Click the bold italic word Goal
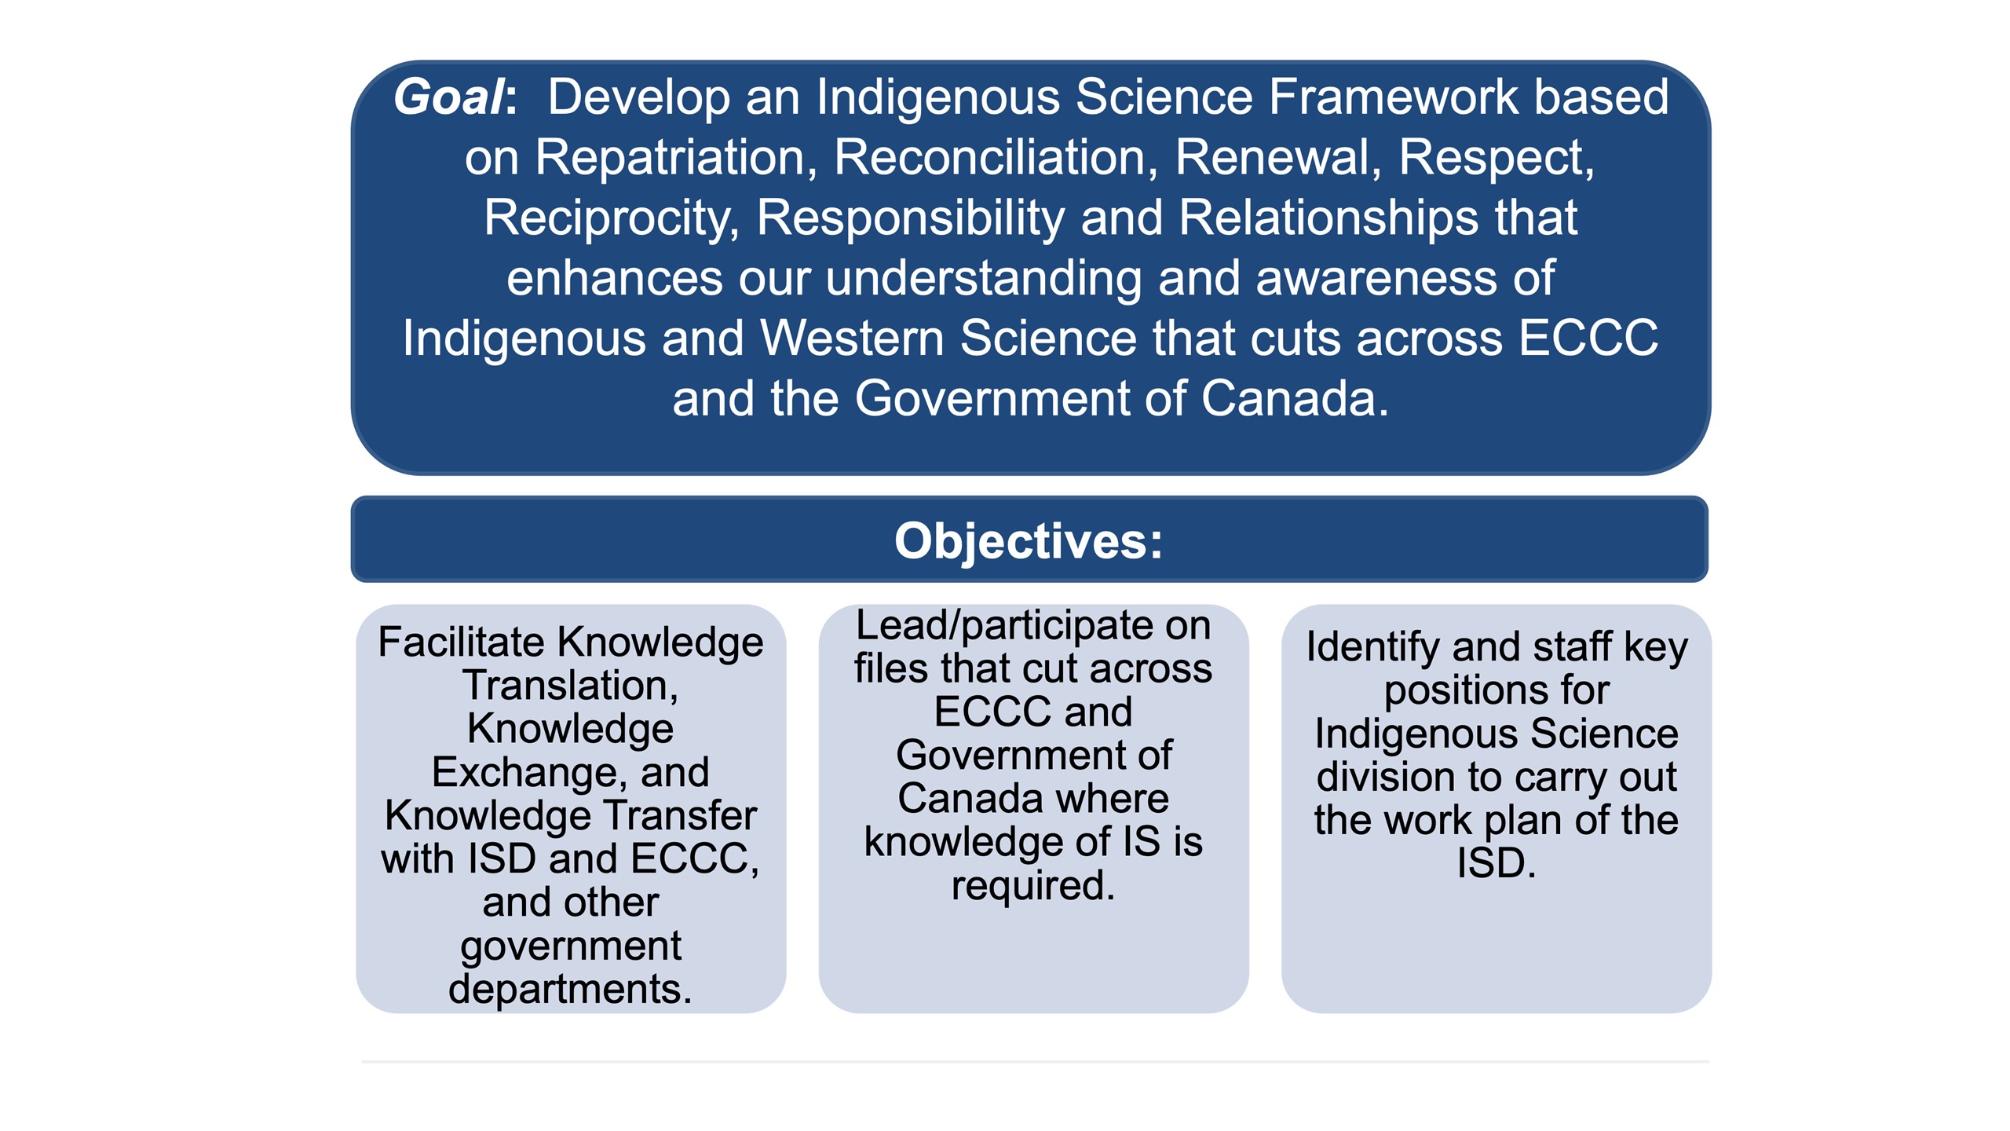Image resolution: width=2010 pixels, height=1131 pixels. [x=450, y=97]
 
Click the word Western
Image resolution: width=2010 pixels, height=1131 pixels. [x=851, y=339]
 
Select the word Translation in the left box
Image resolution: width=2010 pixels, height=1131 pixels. [x=570, y=686]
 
